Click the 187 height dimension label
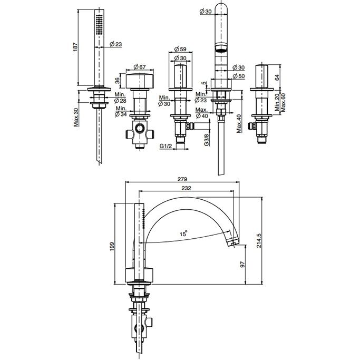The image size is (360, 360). coord(76,47)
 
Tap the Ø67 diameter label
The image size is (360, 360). coord(139,67)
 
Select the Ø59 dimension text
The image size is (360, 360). coord(180,49)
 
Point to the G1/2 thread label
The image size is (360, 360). coord(166,146)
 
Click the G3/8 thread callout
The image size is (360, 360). coord(207,140)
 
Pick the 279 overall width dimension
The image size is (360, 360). coord(182,179)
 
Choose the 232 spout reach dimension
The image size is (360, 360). coord(186,188)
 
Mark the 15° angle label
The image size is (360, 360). coord(183,234)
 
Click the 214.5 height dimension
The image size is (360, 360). coord(259,240)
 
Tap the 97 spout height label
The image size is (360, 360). coord(242,264)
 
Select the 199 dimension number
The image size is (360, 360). coord(112,246)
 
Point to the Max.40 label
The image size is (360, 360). coord(239,123)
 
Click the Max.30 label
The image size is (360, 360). coord(76,118)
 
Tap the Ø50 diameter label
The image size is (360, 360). coord(239,76)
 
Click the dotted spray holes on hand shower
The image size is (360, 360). coord(99,24)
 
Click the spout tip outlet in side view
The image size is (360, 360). coord(233,242)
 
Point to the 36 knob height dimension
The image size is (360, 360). coord(117,80)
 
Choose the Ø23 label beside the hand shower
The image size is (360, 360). coord(116,44)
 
